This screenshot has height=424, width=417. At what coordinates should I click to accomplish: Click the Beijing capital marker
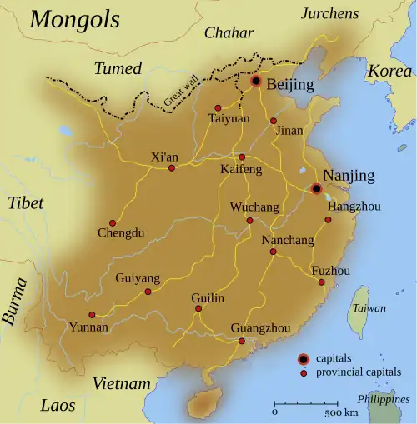pyautogui.click(x=256, y=82)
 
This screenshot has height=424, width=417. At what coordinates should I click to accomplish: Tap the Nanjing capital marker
pyautogui.click(x=317, y=188)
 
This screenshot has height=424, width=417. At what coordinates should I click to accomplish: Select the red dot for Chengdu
pyautogui.click(x=113, y=222)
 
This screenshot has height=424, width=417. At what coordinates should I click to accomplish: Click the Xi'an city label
pyautogui.click(x=165, y=156)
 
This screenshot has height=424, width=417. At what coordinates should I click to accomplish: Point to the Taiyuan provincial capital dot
pyautogui.click(x=218, y=107)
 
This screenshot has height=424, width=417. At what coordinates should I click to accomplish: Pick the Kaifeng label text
pyautogui.click(x=241, y=170)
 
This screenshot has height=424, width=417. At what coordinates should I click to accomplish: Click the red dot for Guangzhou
pyautogui.click(x=241, y=341)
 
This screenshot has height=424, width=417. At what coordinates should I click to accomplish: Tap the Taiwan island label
pyautogui.click(x=369, y=308)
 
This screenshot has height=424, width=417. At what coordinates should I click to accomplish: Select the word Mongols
pyautogui.click(x=74, y=20)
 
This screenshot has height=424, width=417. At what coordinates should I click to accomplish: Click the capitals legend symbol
pyautogui.click(x=304, y=359)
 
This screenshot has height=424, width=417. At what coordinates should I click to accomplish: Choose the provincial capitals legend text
pyautogui.click(x=358, y=372)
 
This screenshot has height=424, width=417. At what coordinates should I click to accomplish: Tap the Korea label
pyautogui.click(x=390, y=71)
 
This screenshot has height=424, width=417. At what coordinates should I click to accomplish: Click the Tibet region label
pyautogui.click(x=25, y=203)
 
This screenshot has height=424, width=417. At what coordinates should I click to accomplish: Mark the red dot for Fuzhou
pyautogui.click(x=322, y=282)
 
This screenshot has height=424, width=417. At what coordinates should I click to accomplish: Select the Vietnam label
pyautogui.click(x=122, y=384)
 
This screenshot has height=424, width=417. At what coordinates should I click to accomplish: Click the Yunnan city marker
pyautogui.click(x=92, y=315)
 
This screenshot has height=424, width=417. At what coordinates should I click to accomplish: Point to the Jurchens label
pyautogui.click(x=329, y=13)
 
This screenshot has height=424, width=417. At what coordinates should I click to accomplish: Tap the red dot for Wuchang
pyautogui.click(x=249, y=221)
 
